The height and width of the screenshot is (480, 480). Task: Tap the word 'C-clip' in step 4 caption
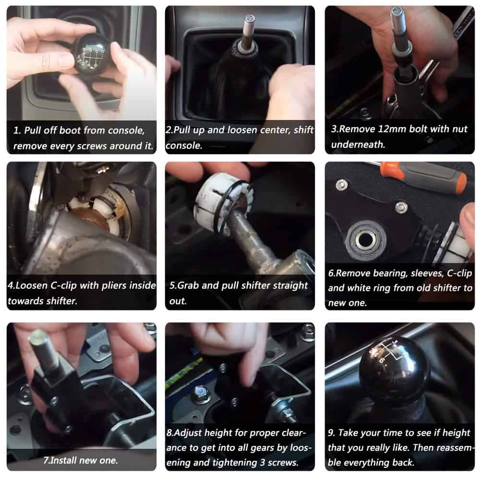pyautogui.click(x=63, y=285)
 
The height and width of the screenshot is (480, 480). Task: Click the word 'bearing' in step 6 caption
pyautogui.click(x=391, y=274)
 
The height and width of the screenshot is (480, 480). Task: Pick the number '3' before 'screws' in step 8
pyautogui.click(x=262, y=462)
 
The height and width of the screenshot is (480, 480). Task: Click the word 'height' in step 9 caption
pyautogui.click(x=456, y=432)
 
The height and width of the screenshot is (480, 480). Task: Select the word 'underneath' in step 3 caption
pyautogui.click(x=358, y=144)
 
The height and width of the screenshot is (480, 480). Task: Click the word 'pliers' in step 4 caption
pyautogui.click(x=112, y=286)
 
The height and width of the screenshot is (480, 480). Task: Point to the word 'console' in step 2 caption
pyautogui.click(x=184, y=145)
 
